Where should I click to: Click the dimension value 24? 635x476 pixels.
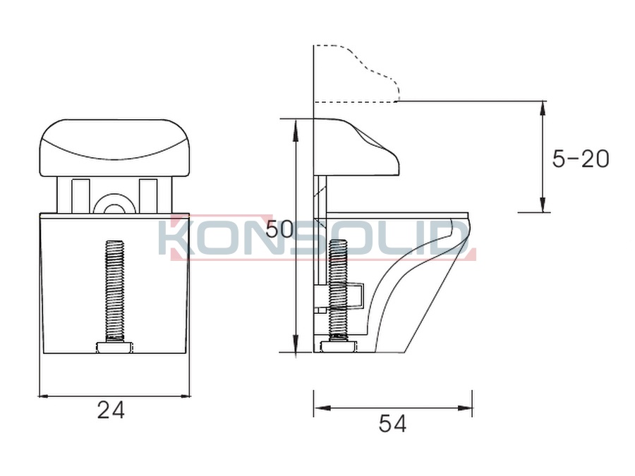click(x=111, y=410)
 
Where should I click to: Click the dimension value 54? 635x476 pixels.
click(x=392, y=424)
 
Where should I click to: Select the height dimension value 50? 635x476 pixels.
click(x=279, y=230)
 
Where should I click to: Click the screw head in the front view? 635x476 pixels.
click(x=115, y=347)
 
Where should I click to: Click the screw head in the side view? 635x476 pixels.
click(x=339, y=347)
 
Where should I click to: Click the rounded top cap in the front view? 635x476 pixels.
click(x=114, y=148)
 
